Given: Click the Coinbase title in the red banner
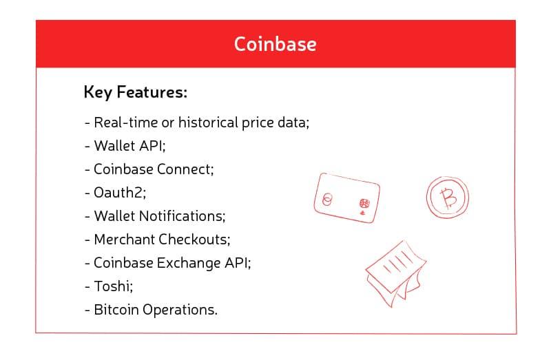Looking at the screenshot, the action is point(275,44).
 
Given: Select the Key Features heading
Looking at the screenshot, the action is point(135,92).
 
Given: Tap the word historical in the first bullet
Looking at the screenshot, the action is point(209,123).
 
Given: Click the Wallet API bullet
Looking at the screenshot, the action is point(125,146).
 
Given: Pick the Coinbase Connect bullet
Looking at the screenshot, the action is point(149,169).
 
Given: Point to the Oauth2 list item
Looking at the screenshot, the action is point(115,193).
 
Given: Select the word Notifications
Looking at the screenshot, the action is point(183,216).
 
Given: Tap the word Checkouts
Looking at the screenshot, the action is point(194,239).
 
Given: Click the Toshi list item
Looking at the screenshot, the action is point(109,286).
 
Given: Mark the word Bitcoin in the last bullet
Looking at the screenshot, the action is point(116,310).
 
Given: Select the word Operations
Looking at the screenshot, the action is point(180,310).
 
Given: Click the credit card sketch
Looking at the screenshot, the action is point(347,198).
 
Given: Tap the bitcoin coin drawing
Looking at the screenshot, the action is point(447,197).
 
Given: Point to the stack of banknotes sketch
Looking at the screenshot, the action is point(395,273).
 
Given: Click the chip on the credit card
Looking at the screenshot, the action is point(364,203).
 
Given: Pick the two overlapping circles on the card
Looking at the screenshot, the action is point(326,200).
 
